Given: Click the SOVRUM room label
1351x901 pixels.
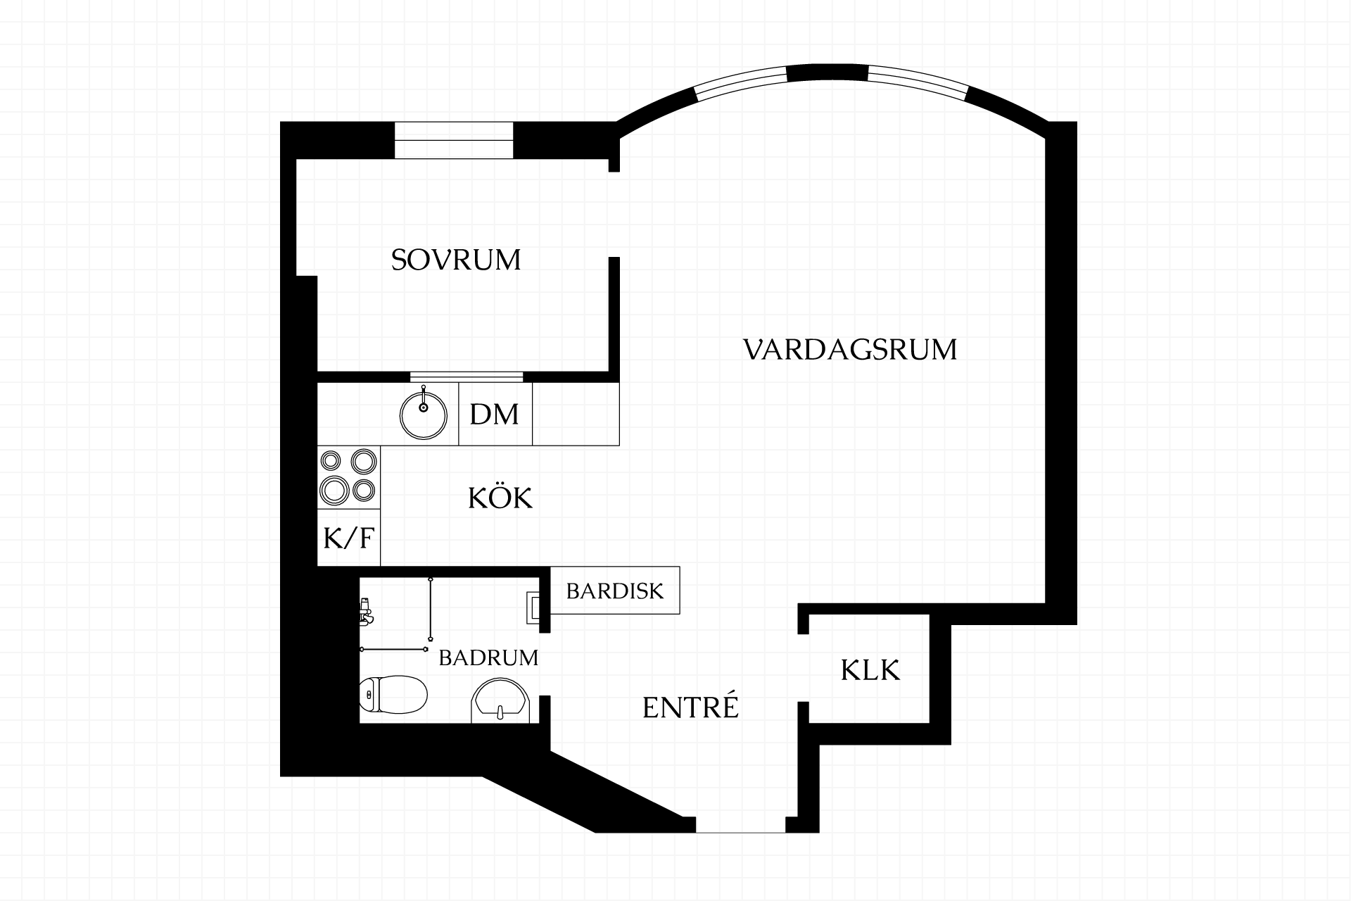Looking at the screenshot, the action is pyautogui.click(x=456, y=260).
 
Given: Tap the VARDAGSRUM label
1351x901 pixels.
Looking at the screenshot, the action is pyautogui.click(x=850, y=349).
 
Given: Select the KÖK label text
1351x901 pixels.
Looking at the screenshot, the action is pyautogui.click(x=500, y=497).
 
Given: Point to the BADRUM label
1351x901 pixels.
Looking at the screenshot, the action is pyautogui.click(x=488, y=657).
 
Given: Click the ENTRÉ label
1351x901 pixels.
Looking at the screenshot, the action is pyautogui.click(x=690, y=706).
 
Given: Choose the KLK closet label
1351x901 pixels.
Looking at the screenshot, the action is pyautogui.click(x=870, y=670).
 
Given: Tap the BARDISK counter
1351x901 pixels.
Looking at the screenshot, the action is pyautogui.click(x=615, y=590).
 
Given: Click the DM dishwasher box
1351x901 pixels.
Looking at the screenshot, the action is pyautogui.click(x=495, y=414).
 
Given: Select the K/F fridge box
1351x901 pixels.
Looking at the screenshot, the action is pyautogui.click(x=349, y=538).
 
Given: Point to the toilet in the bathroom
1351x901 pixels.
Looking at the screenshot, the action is pyautogui.click(x=393, y=694).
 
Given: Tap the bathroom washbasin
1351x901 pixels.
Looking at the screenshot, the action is pyautogui.click(x=500, y=701).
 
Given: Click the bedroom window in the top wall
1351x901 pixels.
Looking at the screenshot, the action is pyautogui.click(x=454, y=140).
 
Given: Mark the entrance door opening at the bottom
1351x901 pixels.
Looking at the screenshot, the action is pyautogui.click(x=741, y=825).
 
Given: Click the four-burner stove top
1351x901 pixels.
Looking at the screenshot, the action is pyautogui.click(x=349, y=477).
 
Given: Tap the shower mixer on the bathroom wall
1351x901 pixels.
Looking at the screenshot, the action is pyautogui.click(x=365, y=612).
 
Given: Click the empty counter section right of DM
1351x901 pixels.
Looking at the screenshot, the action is pyautogui.click(x=576, y=414).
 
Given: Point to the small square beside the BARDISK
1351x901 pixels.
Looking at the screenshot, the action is pyautogui.click(x=534, y=607).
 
